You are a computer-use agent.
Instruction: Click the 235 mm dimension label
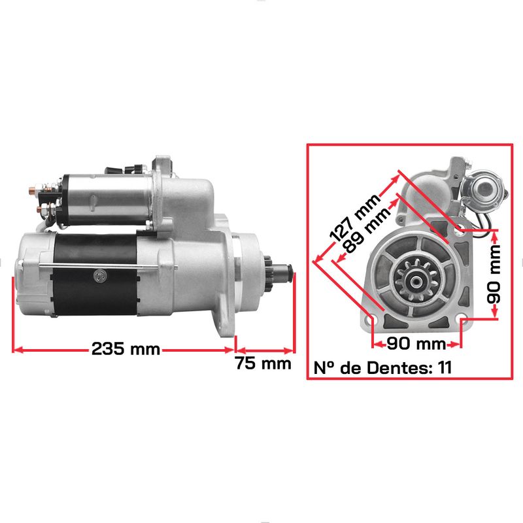coord(126,349)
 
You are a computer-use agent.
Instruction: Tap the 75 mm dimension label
coord(263,363)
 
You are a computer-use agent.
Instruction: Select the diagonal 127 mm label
coord(355,217)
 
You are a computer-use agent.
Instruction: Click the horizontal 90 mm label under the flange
coord(416,344)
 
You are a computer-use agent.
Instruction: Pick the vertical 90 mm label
coord(494,274)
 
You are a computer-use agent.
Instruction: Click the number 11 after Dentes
coord(445,367)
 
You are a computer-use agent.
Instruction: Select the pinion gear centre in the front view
coord(416,282)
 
